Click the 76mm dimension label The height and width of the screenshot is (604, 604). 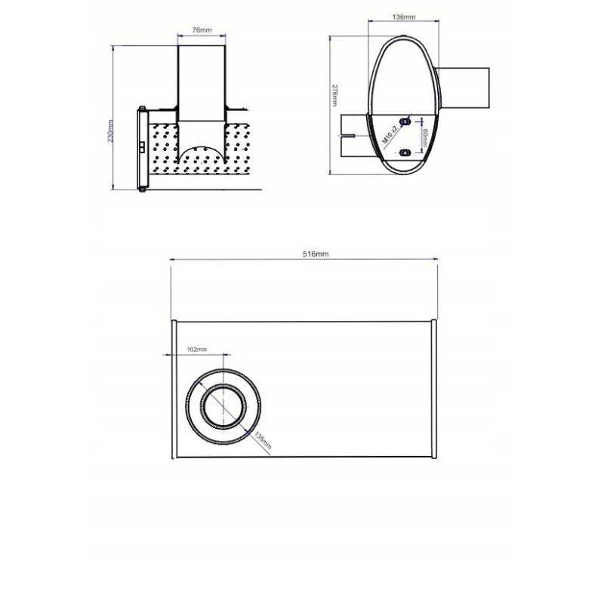(x=202, y=30)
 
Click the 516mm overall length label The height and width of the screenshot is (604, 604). (x=315, y=254)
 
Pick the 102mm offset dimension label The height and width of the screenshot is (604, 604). (x=196, y=350)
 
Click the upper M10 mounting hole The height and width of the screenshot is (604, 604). (x=405, y=120)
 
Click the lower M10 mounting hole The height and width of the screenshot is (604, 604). (x=405, y=152)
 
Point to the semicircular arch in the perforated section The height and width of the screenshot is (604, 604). (x=202, y=154)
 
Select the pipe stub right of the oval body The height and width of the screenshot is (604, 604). (x=462, y=88)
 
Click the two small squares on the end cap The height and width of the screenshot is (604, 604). (x=142, y=146)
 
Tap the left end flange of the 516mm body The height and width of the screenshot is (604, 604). (x=174, y=388)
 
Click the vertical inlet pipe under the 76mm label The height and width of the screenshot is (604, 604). (x=202, y=83)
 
